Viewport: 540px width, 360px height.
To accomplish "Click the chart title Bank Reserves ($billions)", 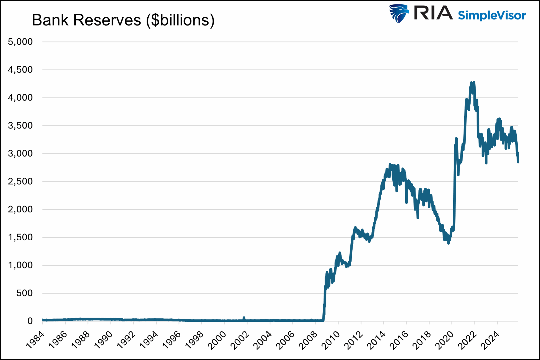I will tap(123, 20).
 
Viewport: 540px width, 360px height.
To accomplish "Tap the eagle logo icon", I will tap(399, 14).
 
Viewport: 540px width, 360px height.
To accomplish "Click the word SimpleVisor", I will tap(492, 16).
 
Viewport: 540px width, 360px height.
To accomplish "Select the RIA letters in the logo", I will tap(433, 13).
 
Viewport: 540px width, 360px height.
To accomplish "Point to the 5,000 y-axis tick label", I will tap(20, 42).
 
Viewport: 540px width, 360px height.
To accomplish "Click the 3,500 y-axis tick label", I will tap(20, 125).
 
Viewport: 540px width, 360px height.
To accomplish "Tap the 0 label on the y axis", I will tap(30, 321).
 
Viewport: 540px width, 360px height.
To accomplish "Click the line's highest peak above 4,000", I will tap(474, 83).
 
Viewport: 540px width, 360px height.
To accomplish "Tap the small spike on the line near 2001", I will tap(244, 318).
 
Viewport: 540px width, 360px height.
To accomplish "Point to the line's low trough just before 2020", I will tap(448, 243).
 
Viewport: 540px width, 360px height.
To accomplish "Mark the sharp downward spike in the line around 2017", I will tap(418, 218).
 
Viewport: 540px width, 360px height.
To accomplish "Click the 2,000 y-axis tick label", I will tap(20, 209).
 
